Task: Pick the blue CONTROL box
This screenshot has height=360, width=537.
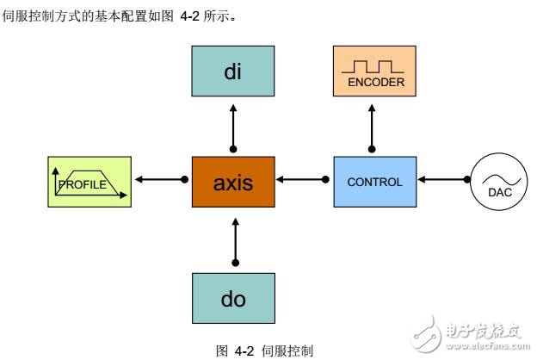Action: pos(373,181)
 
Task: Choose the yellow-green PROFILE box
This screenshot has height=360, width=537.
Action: pos(90,182)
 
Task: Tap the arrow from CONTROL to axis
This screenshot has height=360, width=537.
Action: pos(301,181)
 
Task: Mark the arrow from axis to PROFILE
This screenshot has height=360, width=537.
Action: pos(159,181)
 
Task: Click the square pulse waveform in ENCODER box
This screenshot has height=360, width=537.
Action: pos(371,65)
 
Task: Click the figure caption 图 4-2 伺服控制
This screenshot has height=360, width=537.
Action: pos(264,351)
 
